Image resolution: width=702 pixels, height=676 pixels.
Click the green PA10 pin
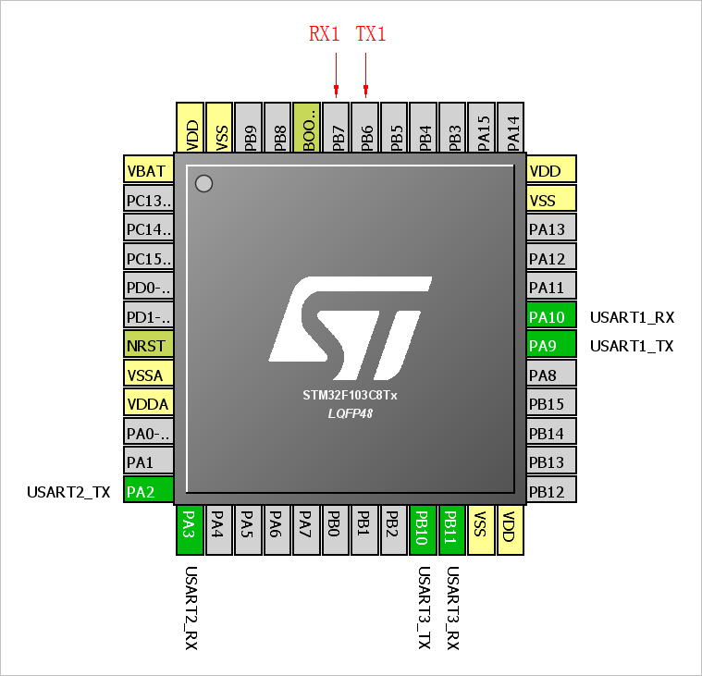pos(551,317)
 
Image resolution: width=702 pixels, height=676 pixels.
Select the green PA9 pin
pos(551,346)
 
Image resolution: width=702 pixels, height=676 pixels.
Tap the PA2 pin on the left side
pos(149,491)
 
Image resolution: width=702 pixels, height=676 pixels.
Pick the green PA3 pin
pos(190,531)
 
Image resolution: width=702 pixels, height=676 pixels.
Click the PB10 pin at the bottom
pos(423,531)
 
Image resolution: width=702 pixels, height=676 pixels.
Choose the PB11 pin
pos(452,531)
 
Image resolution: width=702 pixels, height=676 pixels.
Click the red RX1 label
pos(324,34)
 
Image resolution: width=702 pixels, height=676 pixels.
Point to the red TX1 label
pos(371,34)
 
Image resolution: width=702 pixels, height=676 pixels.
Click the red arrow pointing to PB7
pos(337,74)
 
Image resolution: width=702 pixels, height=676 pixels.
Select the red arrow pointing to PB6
pos(366,74)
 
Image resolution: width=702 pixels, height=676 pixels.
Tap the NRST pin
pos(149,346)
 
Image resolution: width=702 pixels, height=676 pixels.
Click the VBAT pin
pos(149,171)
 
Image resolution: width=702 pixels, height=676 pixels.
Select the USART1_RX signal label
pos(632,317)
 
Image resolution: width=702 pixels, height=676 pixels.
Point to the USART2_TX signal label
pos(68,492)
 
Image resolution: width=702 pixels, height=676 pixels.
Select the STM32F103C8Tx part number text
pos(350,395)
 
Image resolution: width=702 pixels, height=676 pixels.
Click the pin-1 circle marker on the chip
pos(204,184)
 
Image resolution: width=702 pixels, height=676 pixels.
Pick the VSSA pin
pos(149,375)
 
